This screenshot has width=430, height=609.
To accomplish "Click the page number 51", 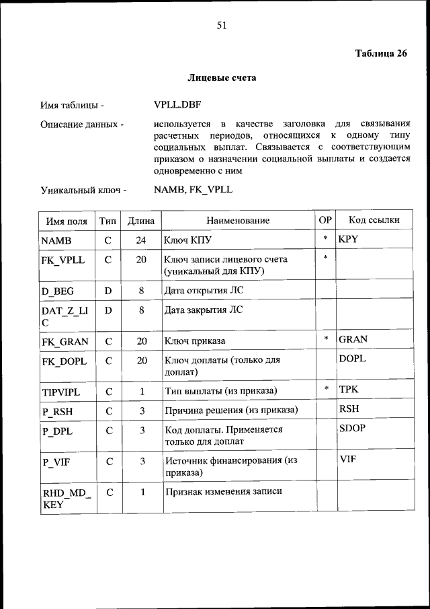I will click(222, 26).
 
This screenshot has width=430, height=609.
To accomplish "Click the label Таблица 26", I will click(381, 54).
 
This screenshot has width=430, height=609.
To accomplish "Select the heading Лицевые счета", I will click(222, 78).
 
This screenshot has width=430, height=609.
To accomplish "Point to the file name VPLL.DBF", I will click(177, 105).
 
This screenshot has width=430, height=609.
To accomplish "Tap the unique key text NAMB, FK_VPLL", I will click(193, 190).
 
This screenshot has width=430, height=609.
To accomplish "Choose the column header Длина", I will click(141, 220).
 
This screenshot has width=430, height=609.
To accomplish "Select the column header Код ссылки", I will click(374, 220).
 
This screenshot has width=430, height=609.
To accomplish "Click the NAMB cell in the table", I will click(56, 240).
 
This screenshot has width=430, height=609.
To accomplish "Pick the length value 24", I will click(141, 240).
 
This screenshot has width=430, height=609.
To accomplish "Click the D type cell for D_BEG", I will click(107, 291).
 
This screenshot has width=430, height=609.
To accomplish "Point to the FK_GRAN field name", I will click(64, 342).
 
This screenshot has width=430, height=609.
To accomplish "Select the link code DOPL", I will click(352, 359).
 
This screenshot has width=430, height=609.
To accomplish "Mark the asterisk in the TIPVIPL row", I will click(326, 389).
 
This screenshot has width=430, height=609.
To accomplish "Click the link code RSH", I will click(349, 408).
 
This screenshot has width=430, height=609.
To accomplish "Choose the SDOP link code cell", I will click(352, 428).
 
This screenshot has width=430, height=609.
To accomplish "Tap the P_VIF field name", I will click(56, 462).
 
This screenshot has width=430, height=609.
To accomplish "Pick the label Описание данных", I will click(82, 124).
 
